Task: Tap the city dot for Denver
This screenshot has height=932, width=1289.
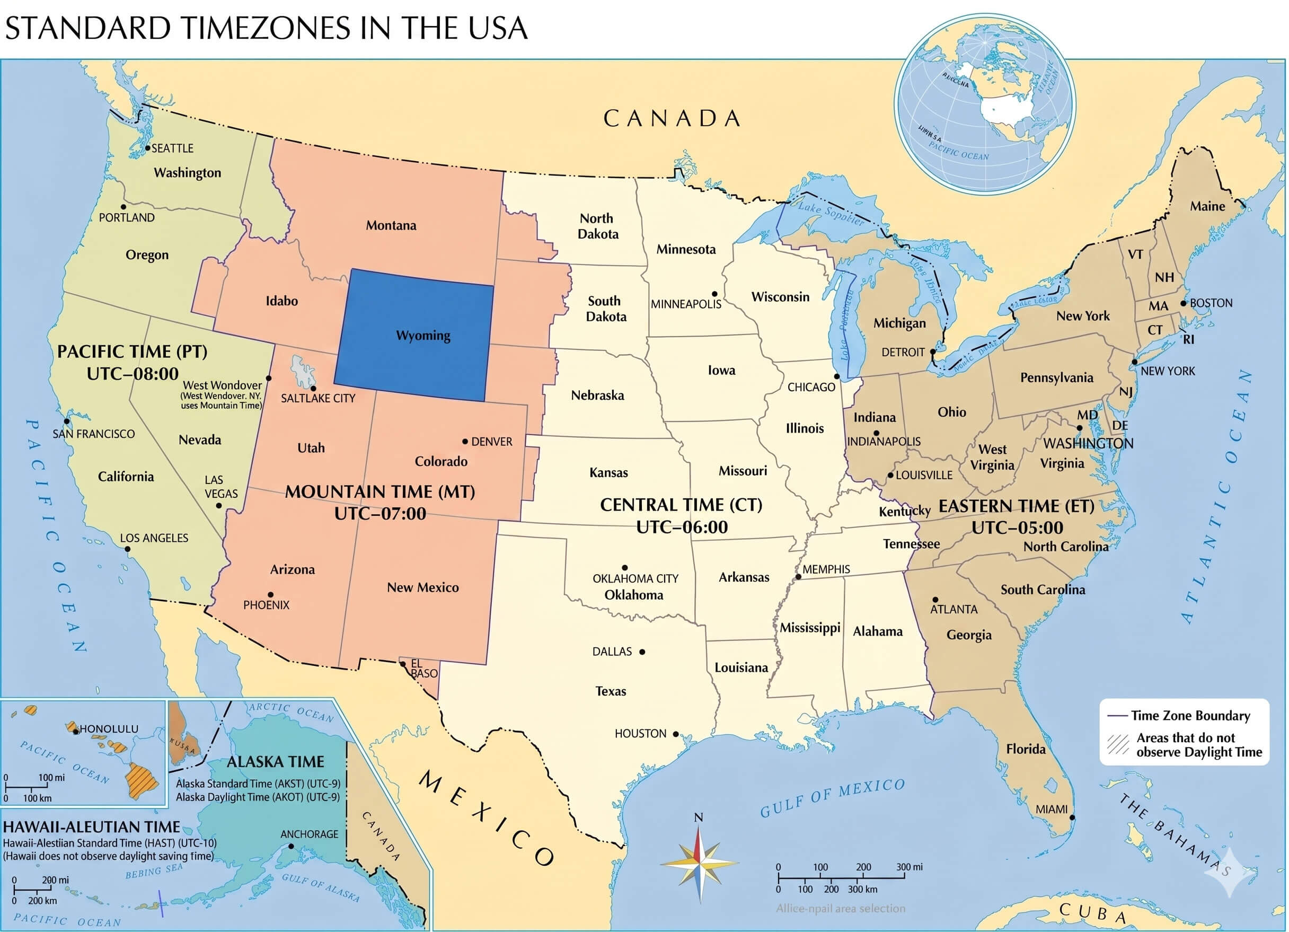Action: pyautogui.click(x=465, y=441)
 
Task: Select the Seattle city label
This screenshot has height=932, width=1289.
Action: pyautogui.click(x=172, y=148)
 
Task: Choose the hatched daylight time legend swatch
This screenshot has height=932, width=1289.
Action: pyautogui.click(x=1118, y=744)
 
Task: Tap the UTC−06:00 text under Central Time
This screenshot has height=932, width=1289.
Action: pyautogui.click(x=682, y=527)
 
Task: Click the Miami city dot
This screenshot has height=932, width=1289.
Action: pyautogui.click(x=1072, y=817)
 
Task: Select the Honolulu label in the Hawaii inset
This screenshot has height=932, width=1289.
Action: pyautogui.click(x=109, y=729)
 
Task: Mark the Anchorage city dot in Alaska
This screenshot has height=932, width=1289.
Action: pyautogui.click(x=291, y=846)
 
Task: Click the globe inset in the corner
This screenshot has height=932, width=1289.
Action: pyautogui.click(x=984, y=105)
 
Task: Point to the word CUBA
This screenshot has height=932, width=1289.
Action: pyautogui.click(x=1092, y=911)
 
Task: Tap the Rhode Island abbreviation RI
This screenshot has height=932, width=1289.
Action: pyautogui.click(x=1188, y=339)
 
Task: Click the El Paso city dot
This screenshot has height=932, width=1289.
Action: pyautogui.click(x=402, y=664)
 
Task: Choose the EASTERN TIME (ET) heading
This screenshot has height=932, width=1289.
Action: pyautogui.click(x=1016, y=506)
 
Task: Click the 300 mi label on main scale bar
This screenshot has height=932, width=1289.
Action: pyautogui.click(x=910, y=867)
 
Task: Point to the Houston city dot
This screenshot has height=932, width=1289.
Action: pyautogui.click(x=676, y=734)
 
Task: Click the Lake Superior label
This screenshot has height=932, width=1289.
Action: pyautogui.click(x=831, y=213)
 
